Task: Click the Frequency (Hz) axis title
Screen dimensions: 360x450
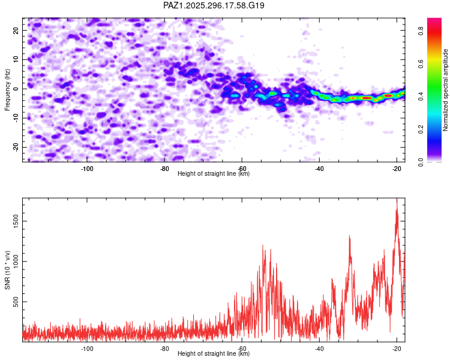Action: click(x=7, y=89)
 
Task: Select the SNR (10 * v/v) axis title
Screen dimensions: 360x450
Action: click(x=7, y=269)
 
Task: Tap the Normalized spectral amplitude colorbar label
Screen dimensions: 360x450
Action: click(x=446, y=90)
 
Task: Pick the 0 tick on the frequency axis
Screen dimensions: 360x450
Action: click(x=17, y=89)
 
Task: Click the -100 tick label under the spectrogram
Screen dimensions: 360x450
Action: click(x=88, y=169)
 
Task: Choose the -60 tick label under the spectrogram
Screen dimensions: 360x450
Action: click(x=242, y=169)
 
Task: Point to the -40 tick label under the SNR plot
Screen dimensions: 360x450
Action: click(x=319, y=349)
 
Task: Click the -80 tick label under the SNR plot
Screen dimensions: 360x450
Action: click(x=165, y=349)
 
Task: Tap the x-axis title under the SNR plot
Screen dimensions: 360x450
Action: click(x=214, y=354)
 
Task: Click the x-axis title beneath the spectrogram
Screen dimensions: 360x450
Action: click(x=214, y=174)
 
